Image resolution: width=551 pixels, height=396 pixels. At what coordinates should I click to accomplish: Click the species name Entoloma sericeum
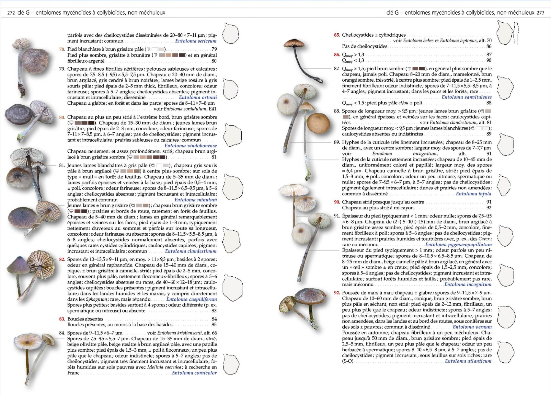click(x=196, y=41)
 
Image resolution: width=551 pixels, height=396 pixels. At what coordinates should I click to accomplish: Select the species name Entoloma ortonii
click(x=198, y=97)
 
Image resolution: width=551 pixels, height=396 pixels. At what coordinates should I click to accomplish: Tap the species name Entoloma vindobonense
click(x=191, y=146)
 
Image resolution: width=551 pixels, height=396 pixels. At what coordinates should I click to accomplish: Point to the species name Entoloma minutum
click(x=196, y=200)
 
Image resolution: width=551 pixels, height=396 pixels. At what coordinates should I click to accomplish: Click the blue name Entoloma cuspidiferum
click(x=191, y=299)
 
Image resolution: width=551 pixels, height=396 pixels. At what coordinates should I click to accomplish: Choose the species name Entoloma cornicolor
click(x=194, y=373)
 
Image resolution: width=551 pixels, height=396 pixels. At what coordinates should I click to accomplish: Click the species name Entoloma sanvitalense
click(x=466, y=97)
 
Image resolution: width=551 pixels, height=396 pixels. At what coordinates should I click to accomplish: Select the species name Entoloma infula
click(x=473, y=194)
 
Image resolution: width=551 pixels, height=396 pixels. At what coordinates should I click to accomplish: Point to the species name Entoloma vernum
click(x=472, y=327)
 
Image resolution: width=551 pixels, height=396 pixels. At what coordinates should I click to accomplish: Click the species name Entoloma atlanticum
click(x=468, y=361)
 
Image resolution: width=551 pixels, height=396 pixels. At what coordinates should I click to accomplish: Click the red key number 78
click(x=62, y=49)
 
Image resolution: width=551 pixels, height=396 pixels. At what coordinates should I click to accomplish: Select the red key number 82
click(x=62, y=259)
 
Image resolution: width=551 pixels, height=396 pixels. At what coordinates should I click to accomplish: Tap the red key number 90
click(x=337, y=202)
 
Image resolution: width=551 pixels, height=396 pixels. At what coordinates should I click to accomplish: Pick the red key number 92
click(x=337, y=293)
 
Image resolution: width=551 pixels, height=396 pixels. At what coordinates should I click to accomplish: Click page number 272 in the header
click(x=11, y=13)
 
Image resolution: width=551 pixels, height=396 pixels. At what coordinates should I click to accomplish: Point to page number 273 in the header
click(x=540, y=13)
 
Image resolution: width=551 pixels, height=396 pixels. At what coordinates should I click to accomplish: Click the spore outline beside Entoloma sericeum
click(x=230, y=34)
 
